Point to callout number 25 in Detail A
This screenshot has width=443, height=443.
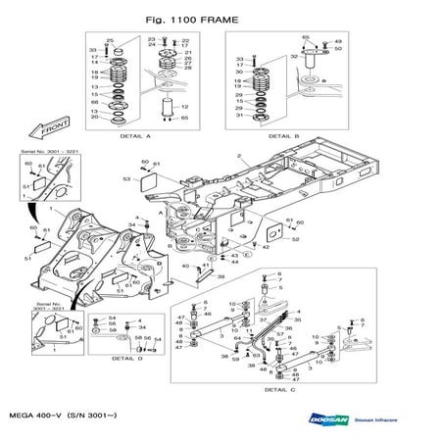(x=110, y=39)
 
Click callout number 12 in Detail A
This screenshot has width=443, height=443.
(x=184, y=106)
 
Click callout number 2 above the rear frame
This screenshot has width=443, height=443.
(x=238, y=157)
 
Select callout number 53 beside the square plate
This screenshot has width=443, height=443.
(x=126, y=179)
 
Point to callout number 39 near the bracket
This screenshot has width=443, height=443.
(x=221, y=277)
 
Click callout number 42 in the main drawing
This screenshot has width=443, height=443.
(x=265, y=249)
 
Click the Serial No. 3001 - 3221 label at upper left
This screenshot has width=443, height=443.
(x=40, y=154)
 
